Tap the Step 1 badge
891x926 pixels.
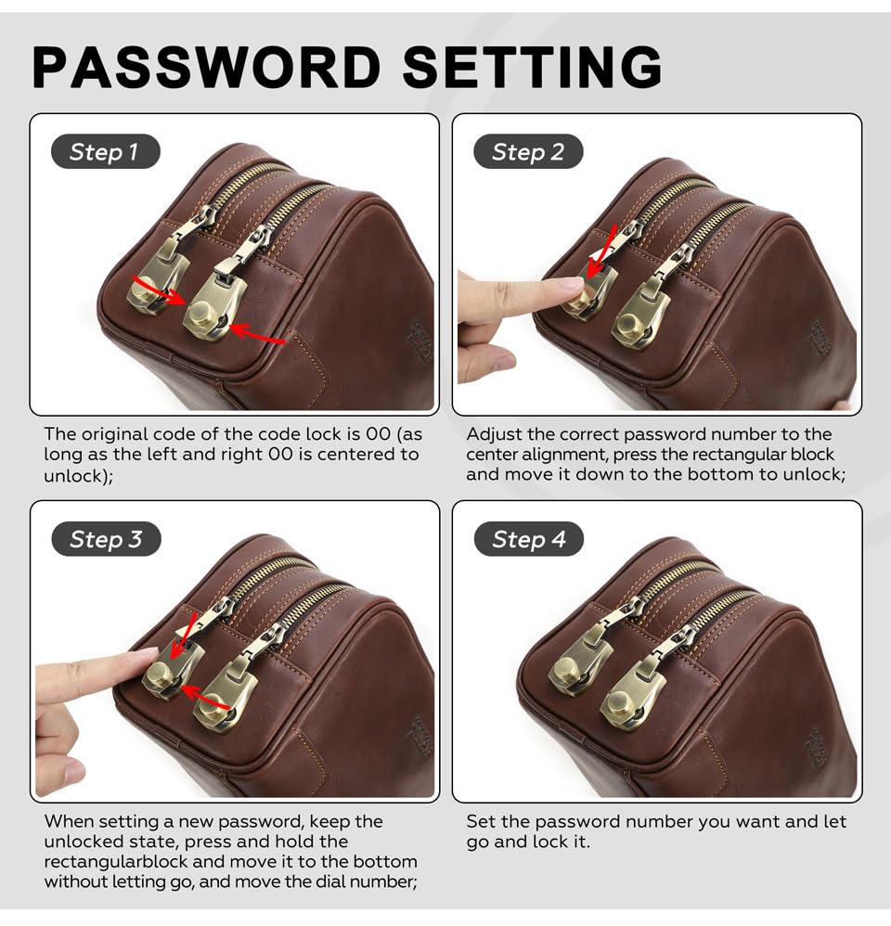click(x=105, y=152)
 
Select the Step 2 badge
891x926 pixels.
click(x=528, y=152)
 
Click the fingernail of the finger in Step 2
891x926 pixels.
click(x=572, y=285)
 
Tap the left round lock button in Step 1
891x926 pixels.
click(x=143, y=291)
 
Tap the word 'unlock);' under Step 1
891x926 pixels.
click(x=79, y=475)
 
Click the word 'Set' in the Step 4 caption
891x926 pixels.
click(x=480, y=821)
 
